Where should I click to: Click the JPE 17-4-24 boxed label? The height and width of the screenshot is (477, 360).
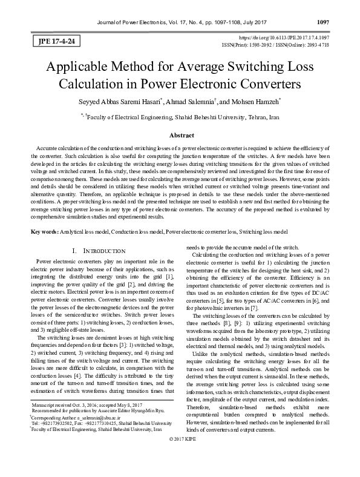51,42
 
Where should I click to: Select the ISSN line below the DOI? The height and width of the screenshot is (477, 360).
283,45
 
